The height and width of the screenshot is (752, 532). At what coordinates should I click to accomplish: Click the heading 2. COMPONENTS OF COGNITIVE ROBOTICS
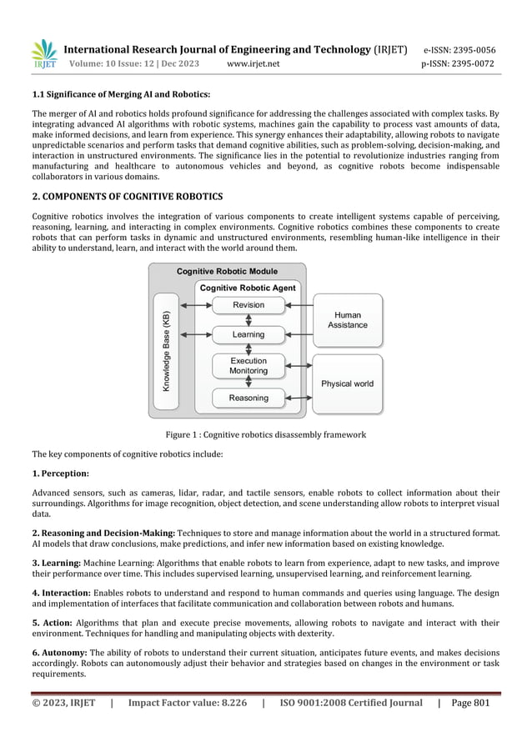[127, 197]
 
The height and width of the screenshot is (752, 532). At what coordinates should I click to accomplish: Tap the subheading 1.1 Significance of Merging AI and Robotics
[120, 94]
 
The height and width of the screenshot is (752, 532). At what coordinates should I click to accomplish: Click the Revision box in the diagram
[248, 306]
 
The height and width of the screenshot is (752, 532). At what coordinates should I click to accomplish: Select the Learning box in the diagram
[248, 334]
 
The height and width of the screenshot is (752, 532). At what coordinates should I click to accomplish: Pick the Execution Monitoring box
[248, 366]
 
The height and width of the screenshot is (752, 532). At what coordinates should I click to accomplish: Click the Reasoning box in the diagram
[248, 399]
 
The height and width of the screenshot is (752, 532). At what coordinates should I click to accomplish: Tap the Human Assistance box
[347, 320]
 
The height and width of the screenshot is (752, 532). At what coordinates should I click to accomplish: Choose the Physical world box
[347, 384]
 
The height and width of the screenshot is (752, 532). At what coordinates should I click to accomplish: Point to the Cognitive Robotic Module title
[227, 272]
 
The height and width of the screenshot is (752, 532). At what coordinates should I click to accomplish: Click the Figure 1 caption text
[265, 435]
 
